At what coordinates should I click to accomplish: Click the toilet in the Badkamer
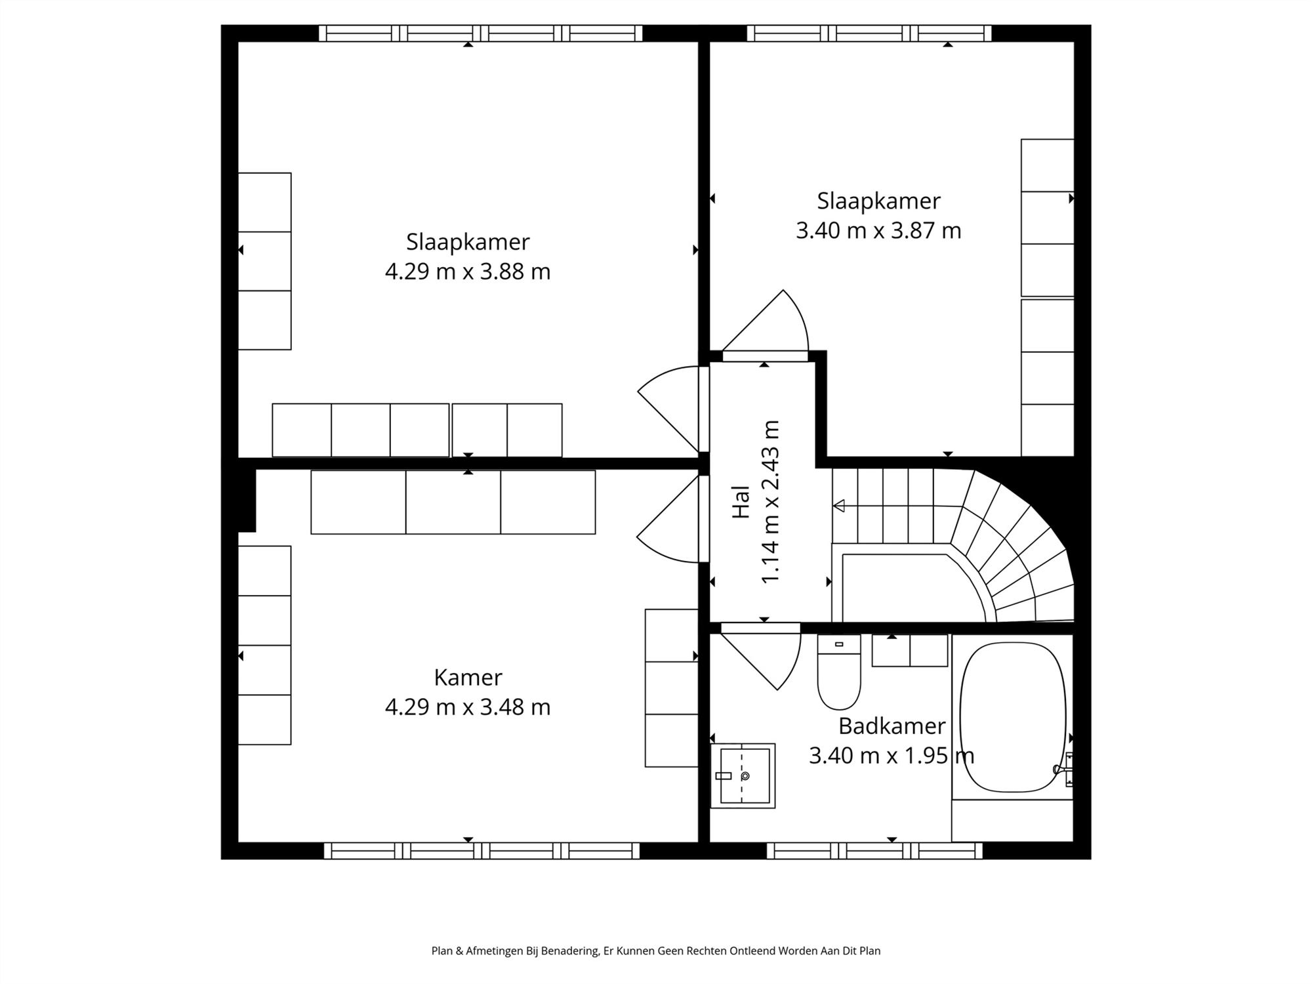click(839, 672)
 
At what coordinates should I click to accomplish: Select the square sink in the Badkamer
click(743, 775)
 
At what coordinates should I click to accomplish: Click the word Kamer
click(468, 677)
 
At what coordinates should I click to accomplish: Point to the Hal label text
click(741, 502)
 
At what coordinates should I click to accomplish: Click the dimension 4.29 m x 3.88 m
click(468, 272)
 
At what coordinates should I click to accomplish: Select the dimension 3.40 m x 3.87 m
click(878, 231)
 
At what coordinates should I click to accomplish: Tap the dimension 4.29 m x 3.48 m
click(468, 707)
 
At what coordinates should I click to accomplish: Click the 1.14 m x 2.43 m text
click(770, 502)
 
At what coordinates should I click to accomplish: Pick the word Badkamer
click(892, 726)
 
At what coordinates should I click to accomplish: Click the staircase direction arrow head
click(838, 506)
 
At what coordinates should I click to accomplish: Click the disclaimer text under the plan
click(656, 951)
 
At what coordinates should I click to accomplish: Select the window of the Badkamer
click(874, 851)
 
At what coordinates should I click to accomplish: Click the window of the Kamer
click(482, 851)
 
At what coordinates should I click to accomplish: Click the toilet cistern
click(839, 644)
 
